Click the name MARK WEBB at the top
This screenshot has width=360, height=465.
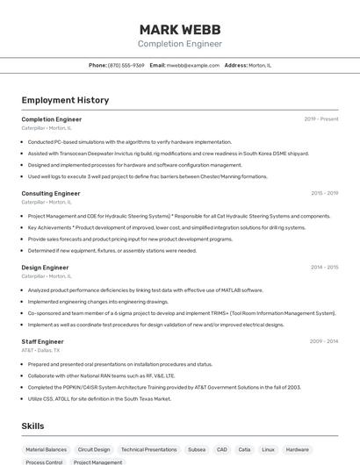coord(179,29)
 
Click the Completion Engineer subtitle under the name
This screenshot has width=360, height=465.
coord(179,44)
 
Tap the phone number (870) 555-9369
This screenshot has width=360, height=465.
coord(126,65)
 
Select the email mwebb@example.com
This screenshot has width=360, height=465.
coord(192,65)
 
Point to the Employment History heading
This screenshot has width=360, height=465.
coord(65,100)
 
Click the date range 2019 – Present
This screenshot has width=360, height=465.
coord(320,118)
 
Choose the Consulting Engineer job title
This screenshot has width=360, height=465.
coord(51,193)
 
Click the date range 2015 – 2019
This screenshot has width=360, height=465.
coord(324,193)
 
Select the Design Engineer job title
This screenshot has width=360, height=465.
coord(45,267)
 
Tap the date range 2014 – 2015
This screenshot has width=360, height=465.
coord(324,267)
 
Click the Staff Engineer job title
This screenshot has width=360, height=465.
coord(42,341)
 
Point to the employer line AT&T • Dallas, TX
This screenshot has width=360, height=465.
coord(40,350)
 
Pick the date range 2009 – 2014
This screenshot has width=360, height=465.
coord(324,341)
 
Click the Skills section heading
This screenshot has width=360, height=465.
coord(32,426)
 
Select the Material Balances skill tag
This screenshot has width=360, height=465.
coord(46,449)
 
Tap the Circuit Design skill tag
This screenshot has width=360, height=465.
coord(94,449)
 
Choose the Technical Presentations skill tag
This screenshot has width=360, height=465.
coord(148,449)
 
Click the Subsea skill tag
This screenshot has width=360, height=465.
coord(197,449)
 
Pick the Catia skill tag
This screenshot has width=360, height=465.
coord(244,449)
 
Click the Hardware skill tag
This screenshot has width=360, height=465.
coord(297,449)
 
